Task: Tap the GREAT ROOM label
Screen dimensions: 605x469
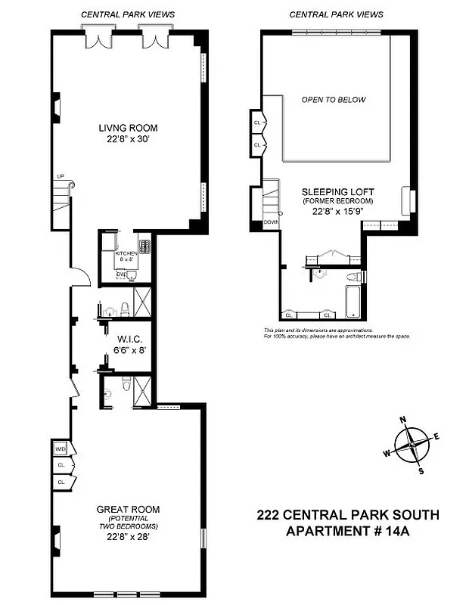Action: pyautogui.click(x=127, y=509)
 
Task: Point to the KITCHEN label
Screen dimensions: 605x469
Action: pyautogui.click(x=126, y=255)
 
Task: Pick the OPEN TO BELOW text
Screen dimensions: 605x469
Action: pyautogui.click(x=334, y=100)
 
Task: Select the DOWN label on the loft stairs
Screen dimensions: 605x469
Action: pyautogui.click(x=271, y=222)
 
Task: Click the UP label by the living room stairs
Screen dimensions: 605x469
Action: pyautogui.click(x=61, y=177)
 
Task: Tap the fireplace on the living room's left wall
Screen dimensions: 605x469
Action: pyautogui.click(x=55, y=107)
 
